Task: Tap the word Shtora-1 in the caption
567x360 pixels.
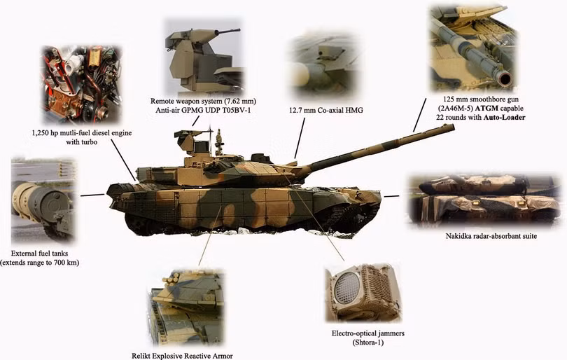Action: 367,342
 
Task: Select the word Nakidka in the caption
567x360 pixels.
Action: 459,236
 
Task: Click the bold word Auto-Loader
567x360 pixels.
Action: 505,117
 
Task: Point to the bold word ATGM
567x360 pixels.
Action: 486,108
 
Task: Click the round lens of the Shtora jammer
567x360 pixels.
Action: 346,289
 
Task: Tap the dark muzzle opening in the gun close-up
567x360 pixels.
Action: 505,78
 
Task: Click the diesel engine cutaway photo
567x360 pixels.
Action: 81,85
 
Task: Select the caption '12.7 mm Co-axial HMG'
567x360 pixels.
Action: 325,111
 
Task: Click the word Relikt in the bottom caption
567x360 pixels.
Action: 141,356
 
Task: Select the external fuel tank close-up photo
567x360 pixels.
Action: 43,200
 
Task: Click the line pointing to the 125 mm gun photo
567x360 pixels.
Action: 419,114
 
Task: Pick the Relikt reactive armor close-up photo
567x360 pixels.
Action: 185,308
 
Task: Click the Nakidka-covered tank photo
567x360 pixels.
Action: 484,200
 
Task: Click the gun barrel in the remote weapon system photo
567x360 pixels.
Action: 226,32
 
